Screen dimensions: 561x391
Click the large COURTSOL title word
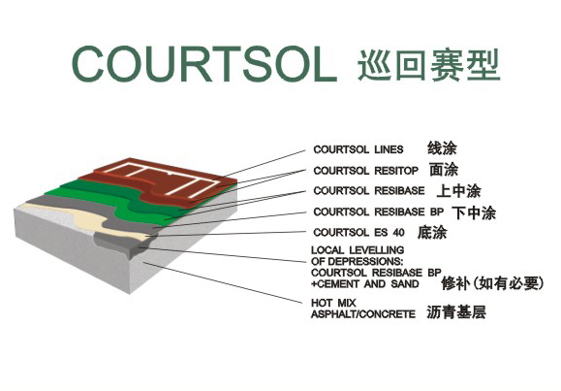(204, 64)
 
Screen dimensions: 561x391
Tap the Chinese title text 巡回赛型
(428, 65)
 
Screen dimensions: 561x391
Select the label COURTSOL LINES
(358, 149)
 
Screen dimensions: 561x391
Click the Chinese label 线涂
(442, 148)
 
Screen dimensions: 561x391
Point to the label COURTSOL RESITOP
(365, 171)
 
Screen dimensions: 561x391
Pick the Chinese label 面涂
(444, 170)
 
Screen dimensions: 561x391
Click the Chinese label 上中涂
(459, 191)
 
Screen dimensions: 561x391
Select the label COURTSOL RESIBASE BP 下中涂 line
(405, 212)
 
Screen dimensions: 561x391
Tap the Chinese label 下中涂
(474, 212)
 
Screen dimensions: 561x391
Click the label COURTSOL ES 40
(358, 233)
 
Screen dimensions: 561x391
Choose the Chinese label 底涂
(432, 232)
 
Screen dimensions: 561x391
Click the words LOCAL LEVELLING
(358, 250)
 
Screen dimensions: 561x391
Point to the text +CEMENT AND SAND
(365, 284)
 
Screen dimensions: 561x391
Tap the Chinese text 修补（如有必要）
(492, 283)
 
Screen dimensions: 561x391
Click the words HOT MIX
(333, 303)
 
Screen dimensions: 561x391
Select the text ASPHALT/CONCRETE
(363, 314)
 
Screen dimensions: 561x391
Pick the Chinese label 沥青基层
(456, 312)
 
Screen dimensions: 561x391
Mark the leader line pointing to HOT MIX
(223, 282)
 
